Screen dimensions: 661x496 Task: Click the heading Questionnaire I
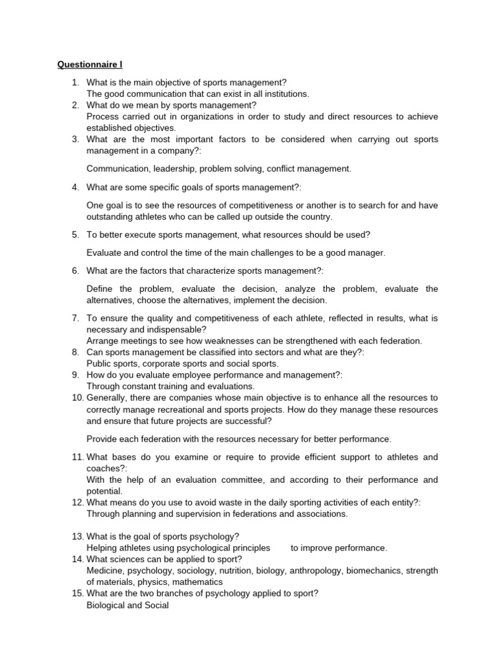point(90,65)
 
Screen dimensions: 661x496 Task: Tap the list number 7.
point(76,318)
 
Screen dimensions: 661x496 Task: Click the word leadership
point(170,168)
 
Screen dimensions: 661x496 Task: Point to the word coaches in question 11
point(105,469)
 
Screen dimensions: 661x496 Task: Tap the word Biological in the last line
point(108,605)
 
